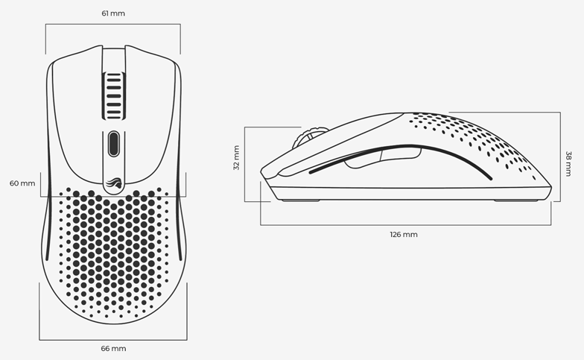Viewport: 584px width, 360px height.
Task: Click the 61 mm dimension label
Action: point(113,13)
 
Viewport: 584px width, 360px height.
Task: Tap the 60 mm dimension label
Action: point(22,183)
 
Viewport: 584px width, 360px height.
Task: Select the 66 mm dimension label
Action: point(113,349)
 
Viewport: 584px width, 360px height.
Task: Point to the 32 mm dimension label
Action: point(236,158)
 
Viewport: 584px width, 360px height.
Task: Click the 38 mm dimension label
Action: point(568,164)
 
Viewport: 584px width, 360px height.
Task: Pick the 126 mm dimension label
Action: point(404,234)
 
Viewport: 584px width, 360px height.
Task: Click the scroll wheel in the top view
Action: point(113,95)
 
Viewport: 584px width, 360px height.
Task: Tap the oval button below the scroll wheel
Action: point(113,143)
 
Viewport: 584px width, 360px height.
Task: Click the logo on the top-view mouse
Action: point(113,183)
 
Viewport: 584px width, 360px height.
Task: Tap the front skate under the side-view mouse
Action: point(301,200)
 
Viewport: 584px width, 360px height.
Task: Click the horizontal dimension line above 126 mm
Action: point(405,225)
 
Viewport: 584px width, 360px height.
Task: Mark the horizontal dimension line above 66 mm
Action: point(113,340)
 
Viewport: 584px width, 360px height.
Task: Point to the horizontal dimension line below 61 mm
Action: point(113,24)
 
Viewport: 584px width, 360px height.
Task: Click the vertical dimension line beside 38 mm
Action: point(560,157)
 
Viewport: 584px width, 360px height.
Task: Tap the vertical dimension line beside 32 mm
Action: point(244,164)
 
